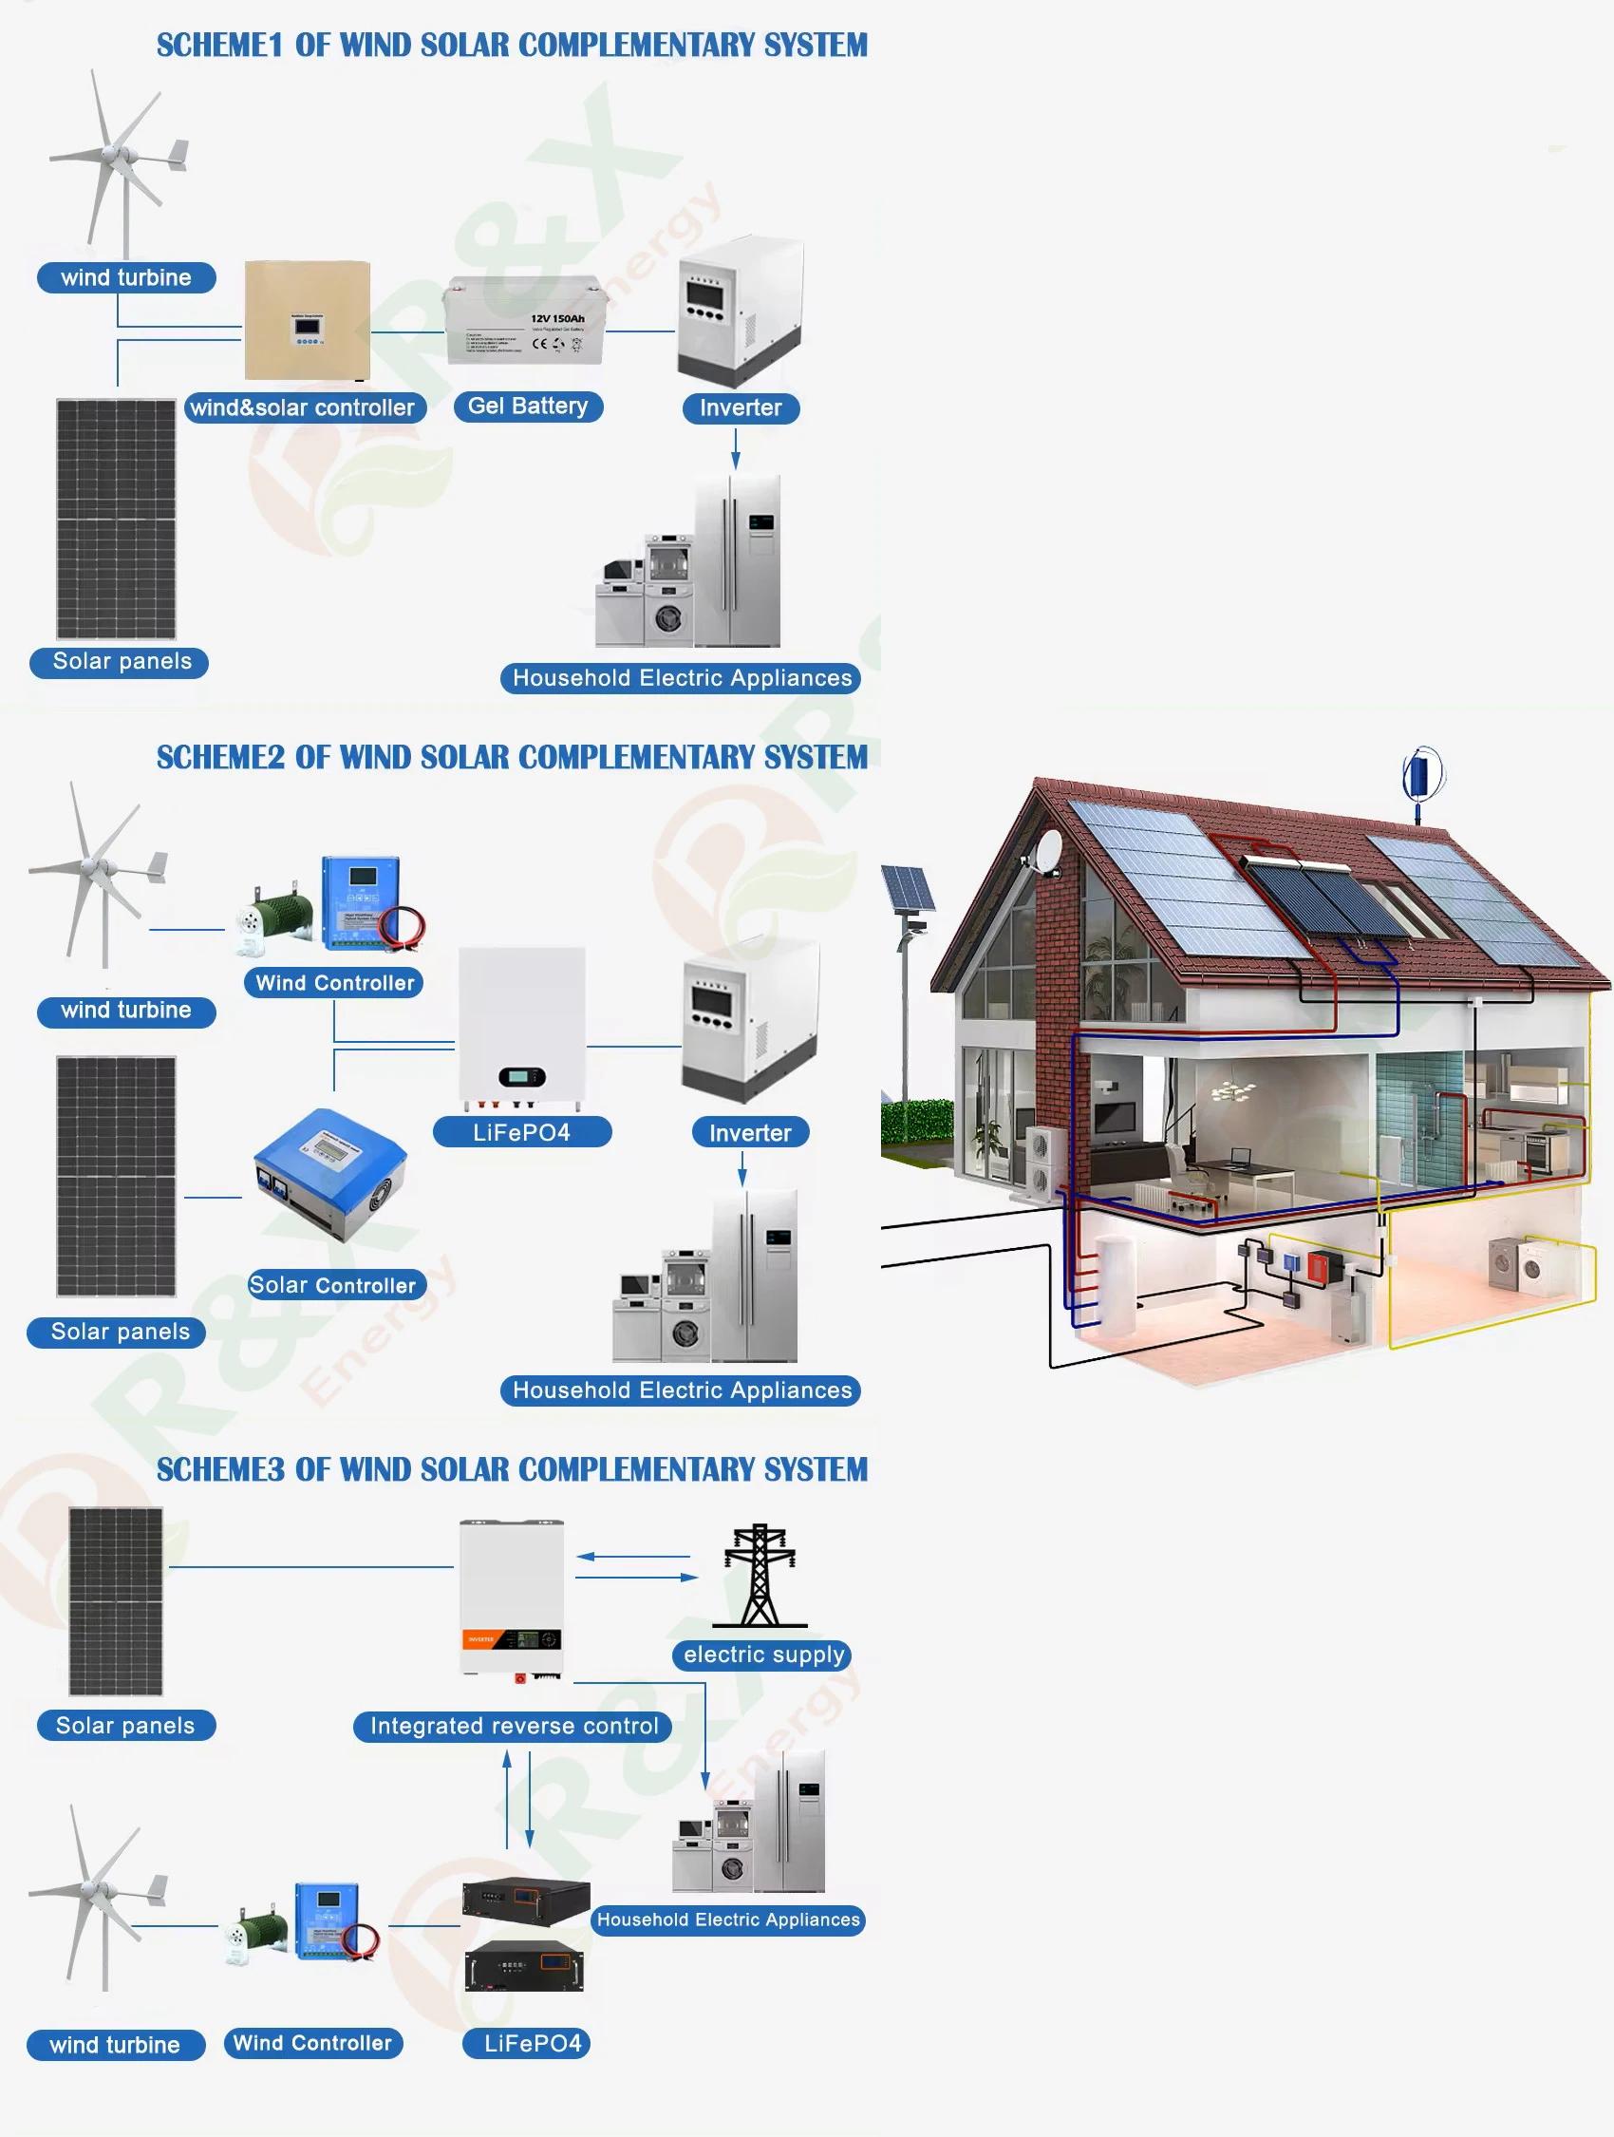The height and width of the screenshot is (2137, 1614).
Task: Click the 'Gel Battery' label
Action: [527, 407]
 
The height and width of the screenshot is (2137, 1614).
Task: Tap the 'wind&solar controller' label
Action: [303, 407]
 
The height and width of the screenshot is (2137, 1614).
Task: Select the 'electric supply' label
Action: [763, 1655]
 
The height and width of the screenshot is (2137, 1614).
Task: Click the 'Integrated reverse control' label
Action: [513, 1727]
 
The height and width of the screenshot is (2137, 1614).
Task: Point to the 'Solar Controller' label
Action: [333, 1285]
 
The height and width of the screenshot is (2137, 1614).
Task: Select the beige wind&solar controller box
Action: [308, 320]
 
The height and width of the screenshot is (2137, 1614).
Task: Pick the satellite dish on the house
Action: [1046, 849]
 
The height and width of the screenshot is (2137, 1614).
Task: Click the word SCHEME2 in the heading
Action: [220, 757]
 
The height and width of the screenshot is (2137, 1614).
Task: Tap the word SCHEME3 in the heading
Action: [220, 1469]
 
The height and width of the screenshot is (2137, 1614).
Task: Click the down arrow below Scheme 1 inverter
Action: [735, 448]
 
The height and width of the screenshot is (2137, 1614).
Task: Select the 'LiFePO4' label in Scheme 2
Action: [521, 1132]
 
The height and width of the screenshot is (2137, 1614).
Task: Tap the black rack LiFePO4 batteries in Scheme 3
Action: [524, 1936]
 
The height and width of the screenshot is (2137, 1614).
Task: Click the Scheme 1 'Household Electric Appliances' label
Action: [681, 678]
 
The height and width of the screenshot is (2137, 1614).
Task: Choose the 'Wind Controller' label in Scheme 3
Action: [313, 2043]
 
